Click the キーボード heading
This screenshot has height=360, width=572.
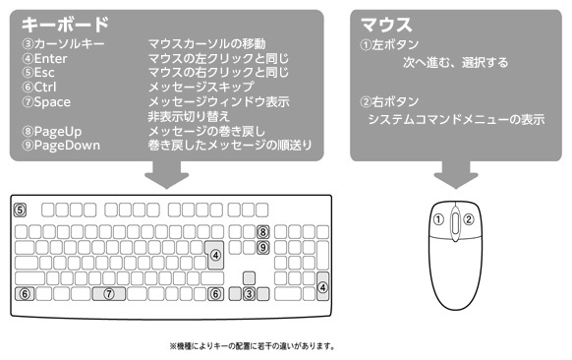pyautogui.click(x=66, y=25)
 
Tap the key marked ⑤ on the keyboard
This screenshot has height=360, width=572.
pyautogui.click(x=19, y=210)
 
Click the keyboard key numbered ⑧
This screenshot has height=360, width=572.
pyautogui.click(x=262, y=232)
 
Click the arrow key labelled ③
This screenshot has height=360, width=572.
pyautogui.click(x=250, y=293)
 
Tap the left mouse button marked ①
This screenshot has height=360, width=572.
pyautogui.click(x=440, y=219)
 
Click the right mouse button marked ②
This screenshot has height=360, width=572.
pyautogui.click(x=469, y=219)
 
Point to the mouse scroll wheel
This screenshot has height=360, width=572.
pyautogui.click(x=455, y=224)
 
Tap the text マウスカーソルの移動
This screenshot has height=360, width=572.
pyautogui.click(x=206, y=44)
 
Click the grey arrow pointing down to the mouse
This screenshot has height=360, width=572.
pyautogui.click(x=454, y=175)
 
